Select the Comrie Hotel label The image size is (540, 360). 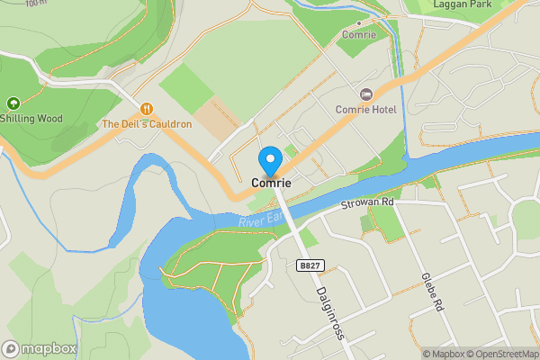[366, 109]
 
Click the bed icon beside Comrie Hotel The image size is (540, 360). [366, 94]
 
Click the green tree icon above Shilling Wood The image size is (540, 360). [13, 103]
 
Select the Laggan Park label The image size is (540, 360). [460, 5]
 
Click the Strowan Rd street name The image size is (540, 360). [368, 204]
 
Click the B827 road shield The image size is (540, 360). [309, 265]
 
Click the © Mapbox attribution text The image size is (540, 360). [443, 354]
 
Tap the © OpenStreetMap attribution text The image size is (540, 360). [502, 354]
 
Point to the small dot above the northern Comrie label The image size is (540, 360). [358, 22]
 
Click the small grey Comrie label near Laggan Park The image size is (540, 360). [358, 35]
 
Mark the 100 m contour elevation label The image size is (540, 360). [37, 3]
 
